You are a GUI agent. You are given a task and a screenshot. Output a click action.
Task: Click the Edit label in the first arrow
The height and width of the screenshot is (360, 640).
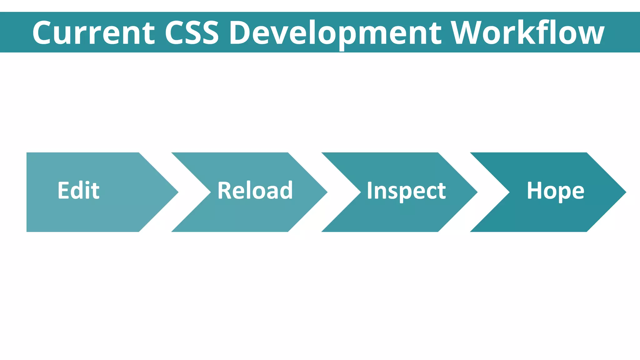(x=78, y=190)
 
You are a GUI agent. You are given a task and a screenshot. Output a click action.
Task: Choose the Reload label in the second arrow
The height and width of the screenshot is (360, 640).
(x=255, y=190)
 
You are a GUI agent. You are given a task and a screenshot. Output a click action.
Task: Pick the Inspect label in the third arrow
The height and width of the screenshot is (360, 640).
(x=406, y=190)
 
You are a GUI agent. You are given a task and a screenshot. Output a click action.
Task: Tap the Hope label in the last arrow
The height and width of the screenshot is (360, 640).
(x=555, y=190)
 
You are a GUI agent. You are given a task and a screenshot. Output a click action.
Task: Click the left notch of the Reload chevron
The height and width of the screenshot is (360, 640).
(x=210, y=192)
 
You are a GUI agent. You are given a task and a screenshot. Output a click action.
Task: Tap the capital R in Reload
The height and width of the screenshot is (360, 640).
(x=224, y=190)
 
